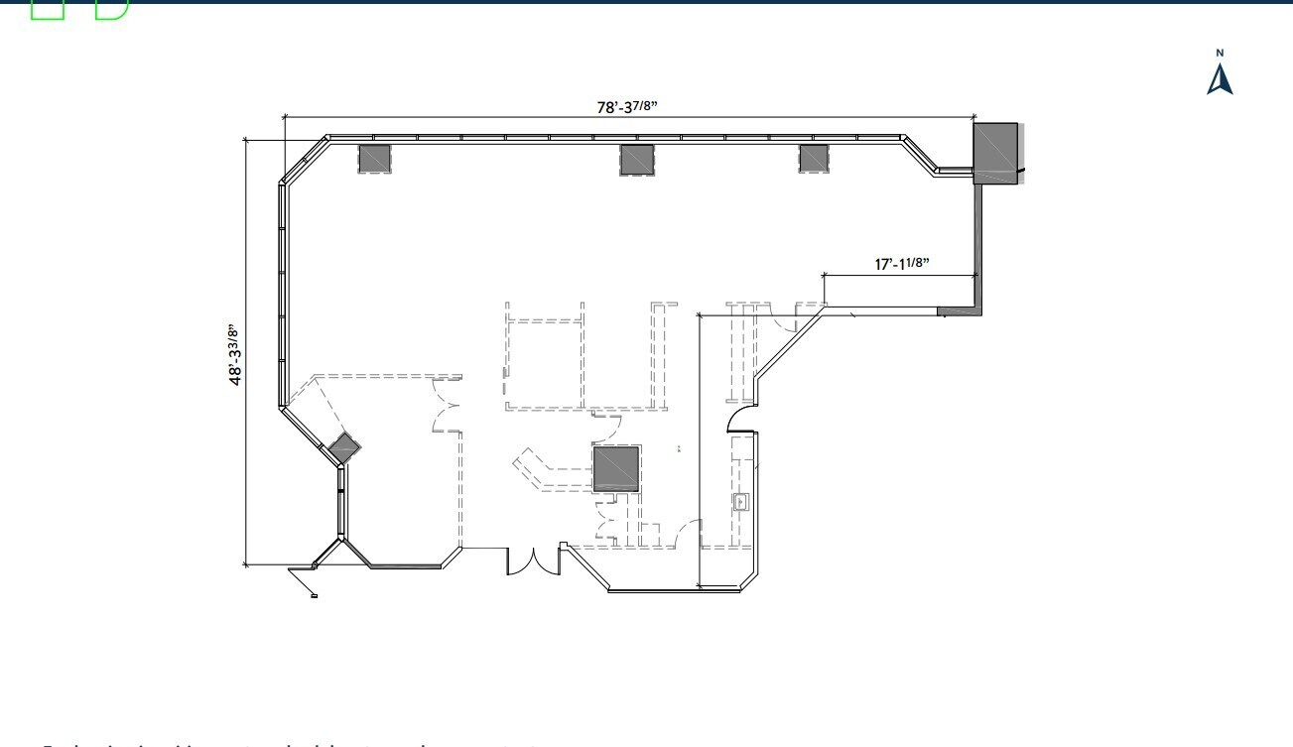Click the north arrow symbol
pyautogui.click(x=1220, y=79)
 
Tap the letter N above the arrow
pyautogui.click(x=1220, y=53)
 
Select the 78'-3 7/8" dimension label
pyautogui.click(x=627, y=107)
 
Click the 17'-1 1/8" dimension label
pyautogui.click(x=901, y=264)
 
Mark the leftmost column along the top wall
pyautogui.click(x=374, y=158)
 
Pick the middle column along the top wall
pyautogui.click(x=636, y=159)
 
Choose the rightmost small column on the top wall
pyautogui.click(x=813, y=158)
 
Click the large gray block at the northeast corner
pyautogui.click(x=995, y=153)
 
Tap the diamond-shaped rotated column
pyautogui.click(x=344, y=448)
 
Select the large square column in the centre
pyautogui.click(x=615, y=469)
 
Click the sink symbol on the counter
pyautogui.click(x=740, y=502)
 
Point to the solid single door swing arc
pyautogui.click(x=740, y=420)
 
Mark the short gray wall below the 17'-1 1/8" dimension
pyautogui.click(x=959, y=311)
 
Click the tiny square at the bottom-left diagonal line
pyautogui.click(x=315, y=595)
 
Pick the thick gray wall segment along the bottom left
pyautogui.click(x=404, y=566)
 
